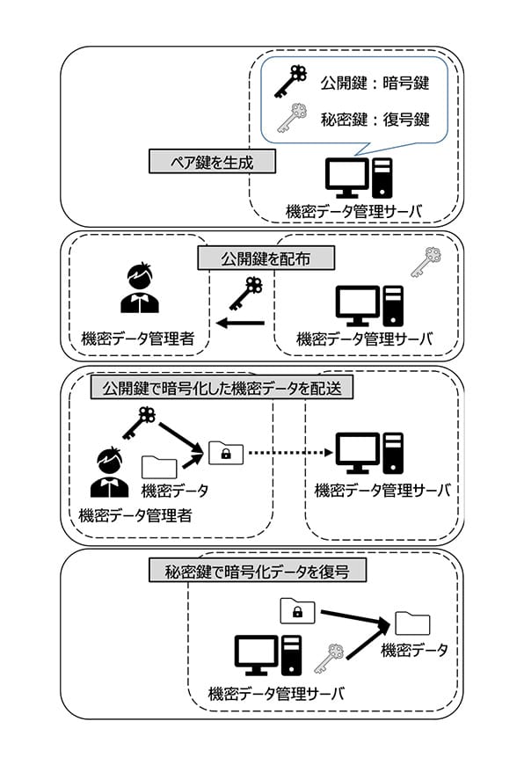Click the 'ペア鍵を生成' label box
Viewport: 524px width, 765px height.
[212, 162]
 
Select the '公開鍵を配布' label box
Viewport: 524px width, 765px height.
[266, 259]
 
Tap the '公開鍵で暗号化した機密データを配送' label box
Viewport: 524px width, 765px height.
[222, 388]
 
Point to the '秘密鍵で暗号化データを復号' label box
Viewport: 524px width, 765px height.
[257, 571]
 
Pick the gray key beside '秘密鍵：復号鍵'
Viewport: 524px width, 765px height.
[292, 118]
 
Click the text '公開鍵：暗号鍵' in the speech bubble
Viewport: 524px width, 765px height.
[375, 83]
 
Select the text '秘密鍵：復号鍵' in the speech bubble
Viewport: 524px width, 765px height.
[375, 119]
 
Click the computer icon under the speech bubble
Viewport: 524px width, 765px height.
[359, 178]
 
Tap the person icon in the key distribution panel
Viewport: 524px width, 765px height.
[140, 288]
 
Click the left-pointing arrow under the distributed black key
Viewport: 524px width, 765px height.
[240, 323]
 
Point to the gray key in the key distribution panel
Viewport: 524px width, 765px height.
[426, 262]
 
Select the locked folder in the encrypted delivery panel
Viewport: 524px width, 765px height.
[226, 452]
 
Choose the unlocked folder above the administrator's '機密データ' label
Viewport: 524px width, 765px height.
[159, 467]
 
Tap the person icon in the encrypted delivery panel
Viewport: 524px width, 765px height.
[110, 473]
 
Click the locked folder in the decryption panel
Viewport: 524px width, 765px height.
[298, 611]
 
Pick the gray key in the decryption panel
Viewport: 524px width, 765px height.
[329, 658]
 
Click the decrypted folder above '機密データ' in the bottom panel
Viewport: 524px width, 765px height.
[412, 623]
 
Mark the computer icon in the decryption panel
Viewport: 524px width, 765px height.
[268, 655]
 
